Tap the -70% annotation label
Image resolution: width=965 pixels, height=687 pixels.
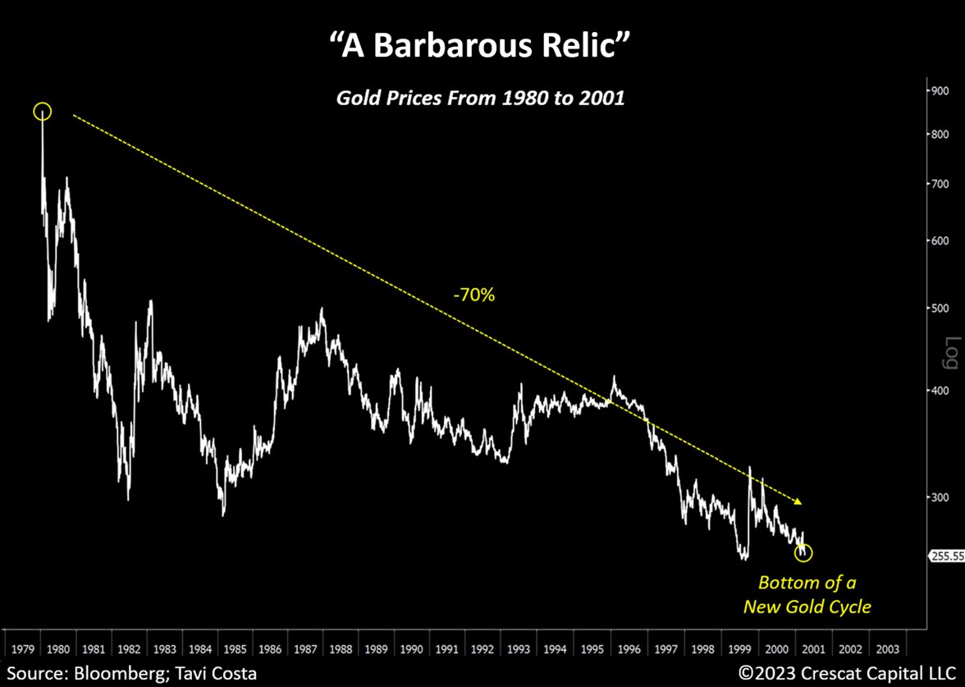click(474, 295)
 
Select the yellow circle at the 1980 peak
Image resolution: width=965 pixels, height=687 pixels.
click(43, 112)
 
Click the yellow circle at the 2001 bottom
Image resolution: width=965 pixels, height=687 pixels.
click(803, 552)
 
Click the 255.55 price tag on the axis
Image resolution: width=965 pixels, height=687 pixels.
click(947, 556)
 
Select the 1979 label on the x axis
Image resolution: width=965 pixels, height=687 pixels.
click(21, 648)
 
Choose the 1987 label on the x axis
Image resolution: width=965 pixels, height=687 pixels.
click(305, 648)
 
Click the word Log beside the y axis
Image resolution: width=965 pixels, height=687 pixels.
click(951, 352)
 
